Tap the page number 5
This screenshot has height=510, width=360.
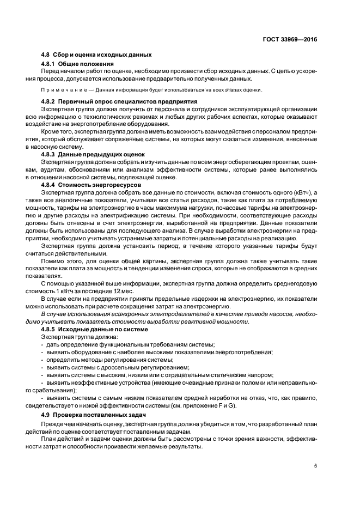click(x=316, y=465)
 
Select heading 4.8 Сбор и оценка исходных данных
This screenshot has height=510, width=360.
click(x=96, y=55)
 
